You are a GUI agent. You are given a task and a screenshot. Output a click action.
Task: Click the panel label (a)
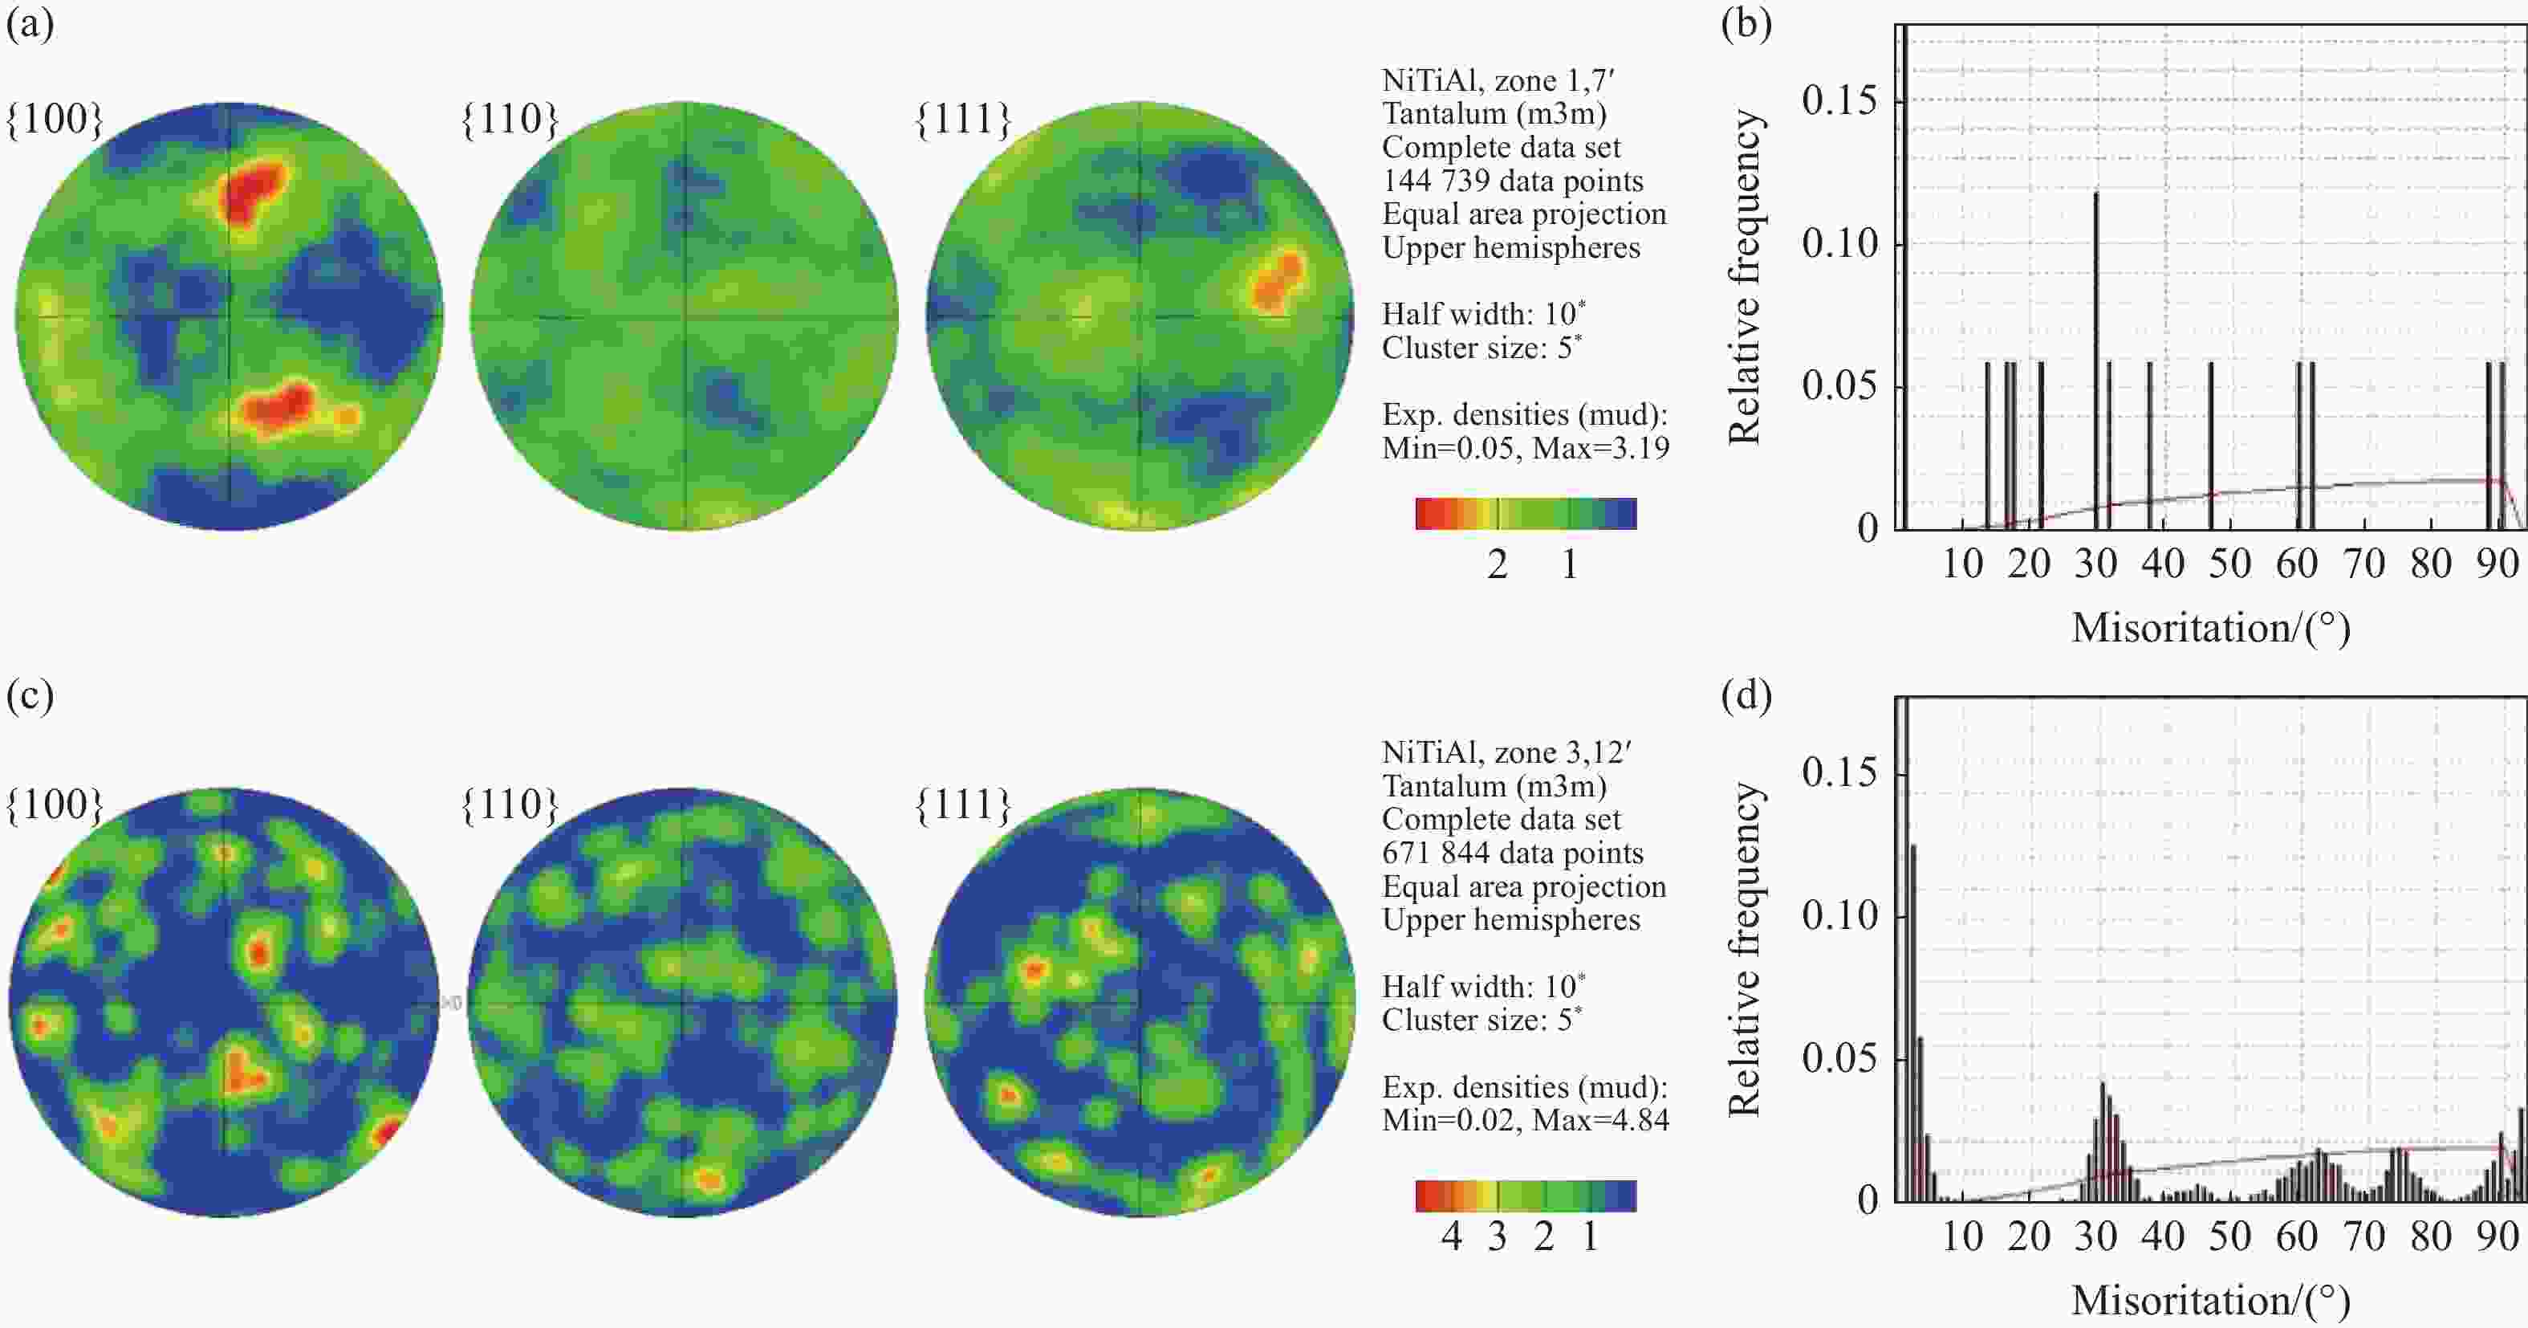[x=30, y=23]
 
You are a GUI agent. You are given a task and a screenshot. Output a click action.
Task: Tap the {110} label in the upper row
[x=510, y=119]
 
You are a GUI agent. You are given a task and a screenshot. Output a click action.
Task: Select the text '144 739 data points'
[x=1512, y=181]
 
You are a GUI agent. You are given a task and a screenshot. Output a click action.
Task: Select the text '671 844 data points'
[x=1512, y=853]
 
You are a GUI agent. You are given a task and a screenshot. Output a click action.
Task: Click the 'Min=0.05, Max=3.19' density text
[x=1525, y=449]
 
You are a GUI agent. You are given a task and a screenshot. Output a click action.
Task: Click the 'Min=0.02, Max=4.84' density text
[x=1525, y=1120]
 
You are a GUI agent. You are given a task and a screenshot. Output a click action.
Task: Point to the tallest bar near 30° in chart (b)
[x=2096, y=295]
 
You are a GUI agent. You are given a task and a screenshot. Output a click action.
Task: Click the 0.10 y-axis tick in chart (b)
[x=1839, y=243]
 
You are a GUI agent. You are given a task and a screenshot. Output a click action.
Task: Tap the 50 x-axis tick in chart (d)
[x=2229, y=1236]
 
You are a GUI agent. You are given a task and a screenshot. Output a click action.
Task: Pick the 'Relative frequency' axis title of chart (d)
[x=1745, y=949]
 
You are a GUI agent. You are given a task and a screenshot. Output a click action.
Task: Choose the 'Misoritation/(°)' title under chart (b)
[x=2210, y=628]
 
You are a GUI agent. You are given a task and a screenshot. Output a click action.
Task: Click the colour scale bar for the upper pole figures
[x=1525, y=513]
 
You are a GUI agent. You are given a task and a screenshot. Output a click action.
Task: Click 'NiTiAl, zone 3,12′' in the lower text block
[x=1506, y=753]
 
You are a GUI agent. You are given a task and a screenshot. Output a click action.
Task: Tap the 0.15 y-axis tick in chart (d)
[x=1839, y=773]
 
